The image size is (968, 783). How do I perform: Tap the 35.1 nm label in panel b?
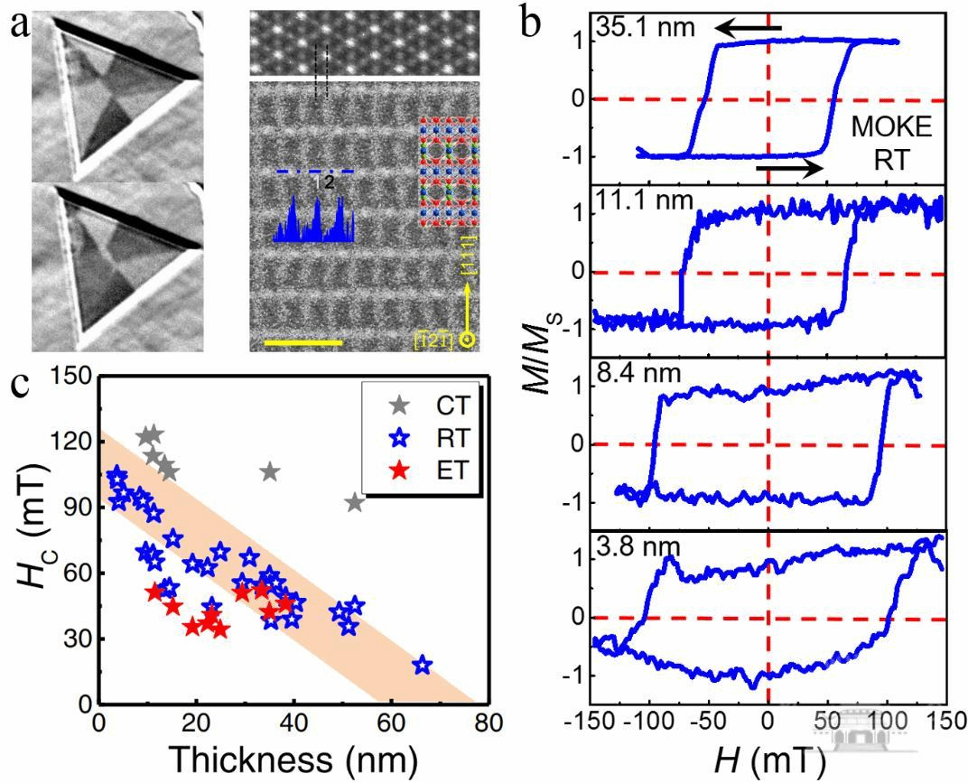(x=645, y=28)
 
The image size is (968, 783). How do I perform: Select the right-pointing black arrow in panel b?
(x=788, y=169)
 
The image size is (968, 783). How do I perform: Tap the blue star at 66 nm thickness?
(x=422, y=665)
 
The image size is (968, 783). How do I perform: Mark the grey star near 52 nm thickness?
(x=354, y=502)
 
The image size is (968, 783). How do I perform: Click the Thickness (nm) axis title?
(x=293, y=757)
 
